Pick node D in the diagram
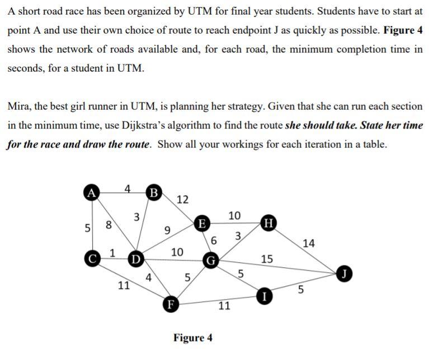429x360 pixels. [135, 259]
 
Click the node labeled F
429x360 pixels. [170, 304]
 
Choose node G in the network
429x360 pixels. [211, 260]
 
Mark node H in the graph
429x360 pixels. [268, 224]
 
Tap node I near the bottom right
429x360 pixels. [264, 295]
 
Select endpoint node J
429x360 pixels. [345, 274]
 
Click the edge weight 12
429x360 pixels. [182, 200]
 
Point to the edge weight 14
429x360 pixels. [308, 243]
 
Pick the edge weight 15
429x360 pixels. [267, 259]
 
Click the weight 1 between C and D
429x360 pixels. [112, 253]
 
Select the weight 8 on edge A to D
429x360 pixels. [109, 226]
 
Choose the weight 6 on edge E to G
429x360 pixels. [214, 241]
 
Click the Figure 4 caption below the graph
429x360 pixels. [192, 338]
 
